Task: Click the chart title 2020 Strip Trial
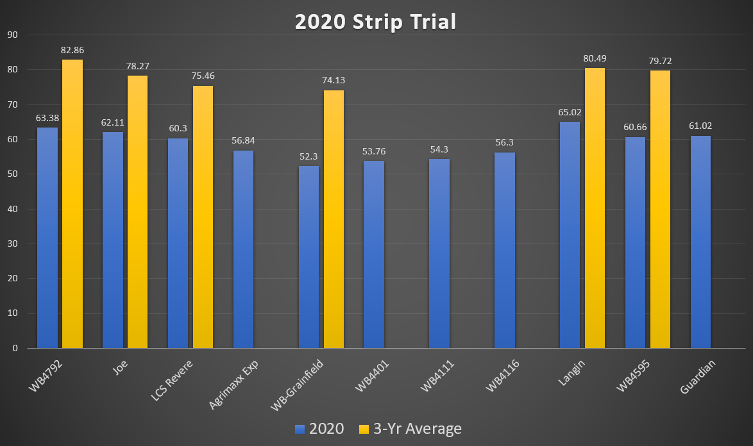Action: [375, 21]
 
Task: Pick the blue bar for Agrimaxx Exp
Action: [243, 249]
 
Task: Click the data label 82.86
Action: [72, 50]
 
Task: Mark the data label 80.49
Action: [595, 58]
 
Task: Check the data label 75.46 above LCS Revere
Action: [203, 76]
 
